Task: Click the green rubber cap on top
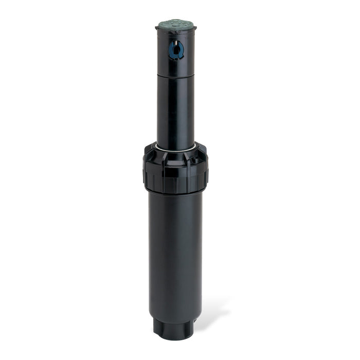(175, 24)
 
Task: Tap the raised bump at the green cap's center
(175, 23)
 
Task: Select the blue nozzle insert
(176, 50)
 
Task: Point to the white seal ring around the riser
(176, 150)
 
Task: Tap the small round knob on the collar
(194, 160)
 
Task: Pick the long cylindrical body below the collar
(175, 252)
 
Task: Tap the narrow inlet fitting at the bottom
(172, 329)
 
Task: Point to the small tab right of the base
(195, 320)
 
